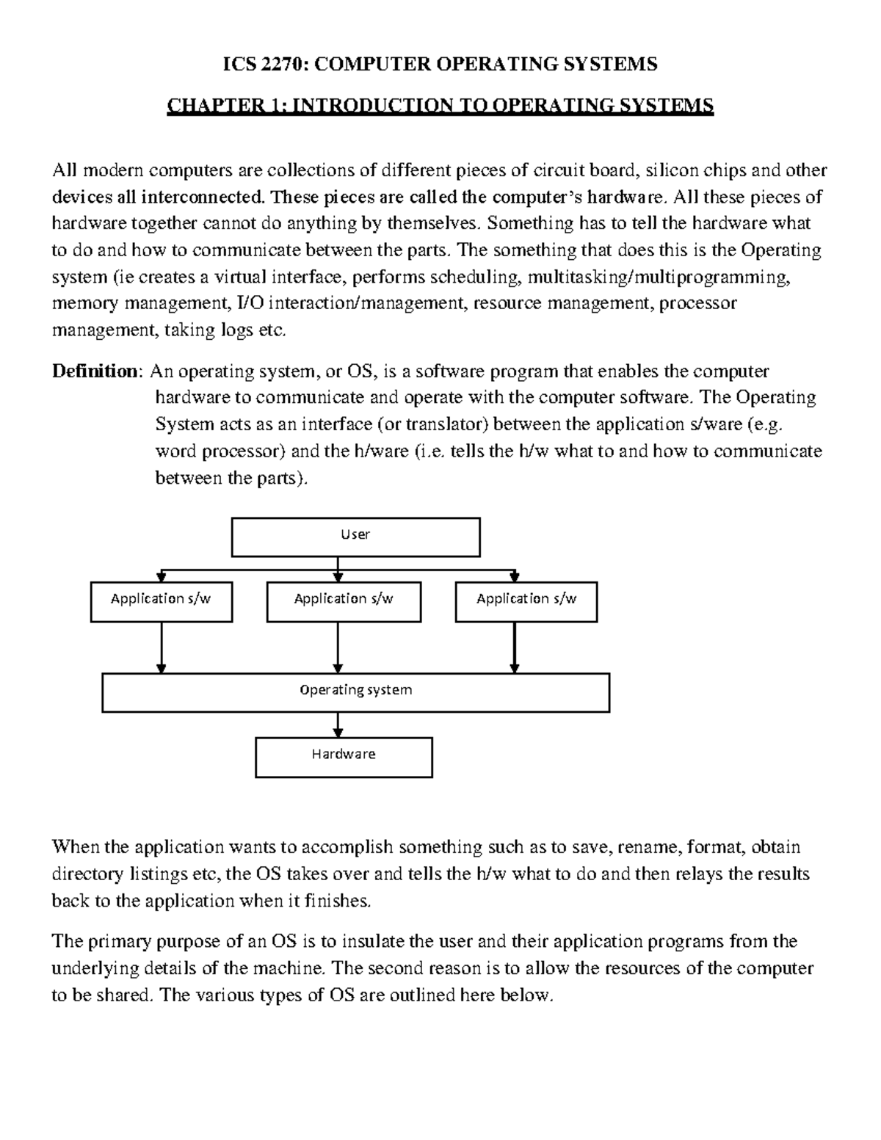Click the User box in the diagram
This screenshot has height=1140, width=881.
point(355,537)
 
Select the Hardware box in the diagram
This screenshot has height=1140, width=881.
point(344,757)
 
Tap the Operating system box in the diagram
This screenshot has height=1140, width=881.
point(355,692)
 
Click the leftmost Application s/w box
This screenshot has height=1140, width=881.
point(161,601)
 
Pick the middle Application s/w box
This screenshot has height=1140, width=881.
point(344,601)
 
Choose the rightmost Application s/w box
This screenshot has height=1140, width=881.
point(526,601)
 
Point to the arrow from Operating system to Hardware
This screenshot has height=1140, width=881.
point(338,725)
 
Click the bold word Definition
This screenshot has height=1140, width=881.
point(94,371)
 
